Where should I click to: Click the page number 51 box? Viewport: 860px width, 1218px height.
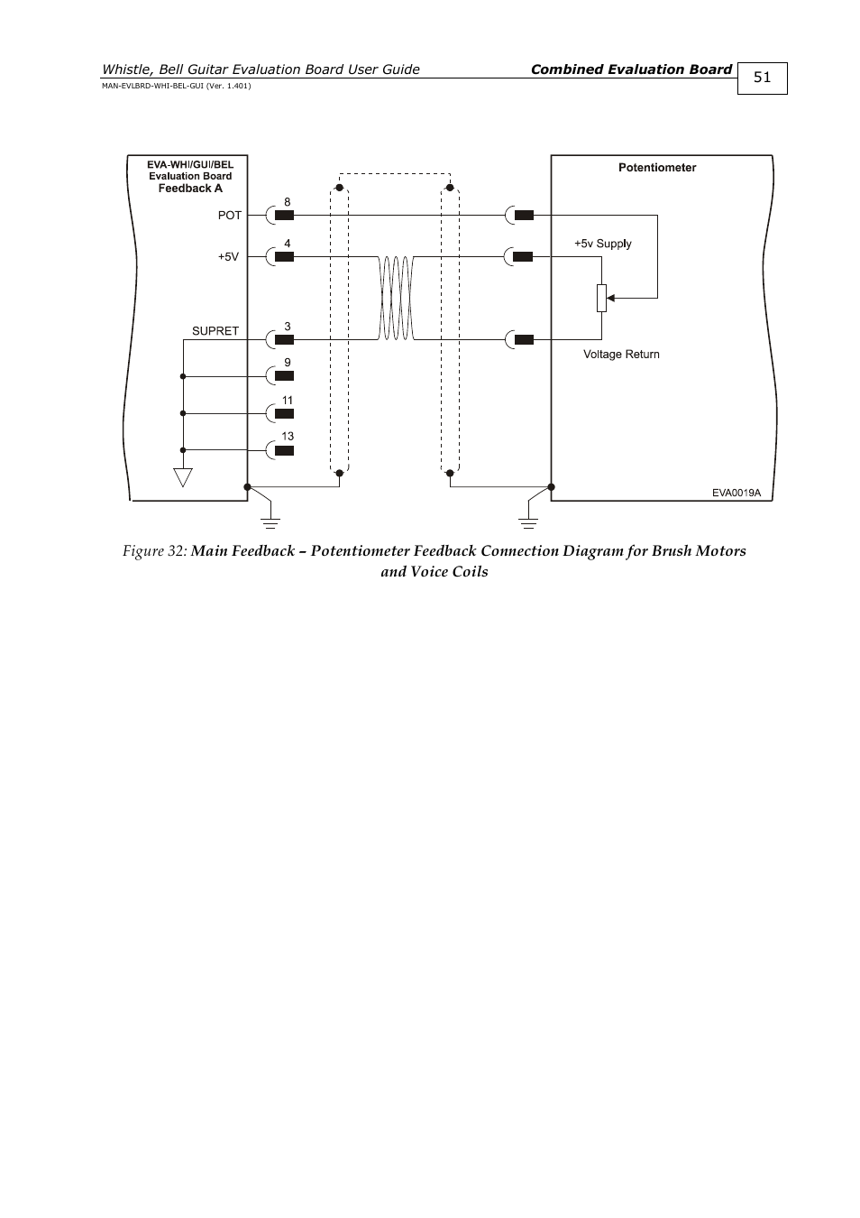coord(762,78)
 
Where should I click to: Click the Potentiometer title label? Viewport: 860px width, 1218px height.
coord(656,168)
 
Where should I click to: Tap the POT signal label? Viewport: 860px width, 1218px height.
coord(230,216)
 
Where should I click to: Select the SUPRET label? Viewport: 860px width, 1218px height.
coord(215,331)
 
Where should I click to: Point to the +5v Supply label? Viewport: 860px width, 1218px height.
coord(602,244)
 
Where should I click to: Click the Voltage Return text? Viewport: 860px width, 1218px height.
coord(621,355)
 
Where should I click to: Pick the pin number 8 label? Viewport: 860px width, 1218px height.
coord(288,203)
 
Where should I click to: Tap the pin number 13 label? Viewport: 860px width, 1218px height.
coord(288,437)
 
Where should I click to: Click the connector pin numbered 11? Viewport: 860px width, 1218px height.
coord(283,413)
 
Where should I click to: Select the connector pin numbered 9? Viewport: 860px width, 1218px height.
coord(283,375)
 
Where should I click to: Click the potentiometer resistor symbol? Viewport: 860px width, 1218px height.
coord(602,298)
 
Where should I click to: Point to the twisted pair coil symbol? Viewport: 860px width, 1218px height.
coord(396,298)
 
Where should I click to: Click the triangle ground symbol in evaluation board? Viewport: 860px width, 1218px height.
coord(183,477)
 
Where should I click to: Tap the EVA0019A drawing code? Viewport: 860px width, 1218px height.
coord(736,493)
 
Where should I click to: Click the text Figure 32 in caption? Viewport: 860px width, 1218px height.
coord(154,551)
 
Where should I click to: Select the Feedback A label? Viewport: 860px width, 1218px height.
coord(190,189)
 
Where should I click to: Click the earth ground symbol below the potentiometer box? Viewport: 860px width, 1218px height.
coord(528,521)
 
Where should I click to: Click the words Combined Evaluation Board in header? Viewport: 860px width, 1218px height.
coord(631,69)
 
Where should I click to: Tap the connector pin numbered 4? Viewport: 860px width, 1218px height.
coord(283,256)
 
